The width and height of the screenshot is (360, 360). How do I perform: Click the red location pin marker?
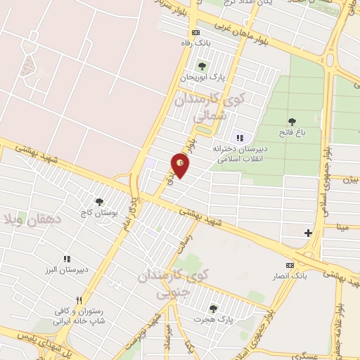[x=181, y=165]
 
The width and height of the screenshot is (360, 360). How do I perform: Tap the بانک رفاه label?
[x=195, y=44]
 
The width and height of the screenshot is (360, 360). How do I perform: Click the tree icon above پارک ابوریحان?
[x=202, y=66]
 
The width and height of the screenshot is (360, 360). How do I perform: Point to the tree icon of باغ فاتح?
[x=292, y=122]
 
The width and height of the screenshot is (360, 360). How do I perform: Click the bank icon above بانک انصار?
[x=289, y=265]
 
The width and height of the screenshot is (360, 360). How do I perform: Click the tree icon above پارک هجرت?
[x=213, y=309]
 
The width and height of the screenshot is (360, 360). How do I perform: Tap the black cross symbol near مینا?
[x=308, y=232]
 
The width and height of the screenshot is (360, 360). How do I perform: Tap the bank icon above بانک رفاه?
[x=195, y=32]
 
